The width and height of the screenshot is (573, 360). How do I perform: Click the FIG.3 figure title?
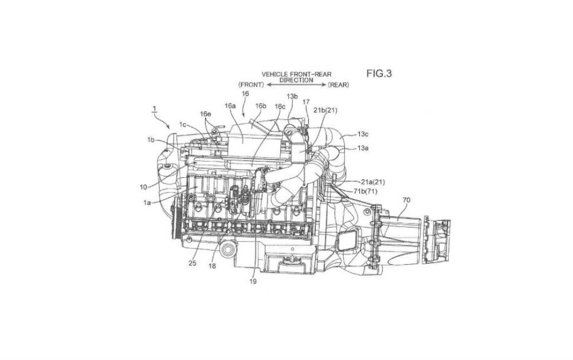[x=379, y=73]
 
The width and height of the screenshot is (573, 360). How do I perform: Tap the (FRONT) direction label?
[x=251, y=85]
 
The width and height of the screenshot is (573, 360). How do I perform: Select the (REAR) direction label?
[x=339, y=85]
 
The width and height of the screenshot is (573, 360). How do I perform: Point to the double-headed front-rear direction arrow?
[x=296, y=85]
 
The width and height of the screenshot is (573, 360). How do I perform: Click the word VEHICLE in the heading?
[x=274, y=74]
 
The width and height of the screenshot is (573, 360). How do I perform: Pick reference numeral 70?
[x=406, y=200]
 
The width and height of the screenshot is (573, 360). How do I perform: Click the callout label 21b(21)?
[x=325, y=110]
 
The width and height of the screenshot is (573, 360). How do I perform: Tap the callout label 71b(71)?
[x=365, y=191]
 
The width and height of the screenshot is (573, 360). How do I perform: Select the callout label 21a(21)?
[x=372, y=182]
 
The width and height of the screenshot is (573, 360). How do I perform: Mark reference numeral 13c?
[x=363, y=134]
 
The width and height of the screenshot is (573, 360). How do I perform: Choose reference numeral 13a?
[x=363, y=148]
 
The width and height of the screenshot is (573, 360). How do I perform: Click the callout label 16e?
[x=205, y=114]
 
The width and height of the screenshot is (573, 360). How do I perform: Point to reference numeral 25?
[x=193, y=263]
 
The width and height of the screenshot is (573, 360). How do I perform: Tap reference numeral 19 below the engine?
[x=253, y=281]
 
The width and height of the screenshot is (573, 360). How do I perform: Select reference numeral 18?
[x=213, y=266]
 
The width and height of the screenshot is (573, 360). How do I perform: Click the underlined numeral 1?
[x=155, y=108]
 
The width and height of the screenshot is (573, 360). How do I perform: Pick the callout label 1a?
[x=147, y=202]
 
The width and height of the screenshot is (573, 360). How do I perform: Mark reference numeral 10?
[x=143, y=187]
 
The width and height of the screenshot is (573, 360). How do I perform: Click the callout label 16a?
[x=230, y=105]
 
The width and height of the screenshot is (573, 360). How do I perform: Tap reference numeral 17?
[x=306, y=102]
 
